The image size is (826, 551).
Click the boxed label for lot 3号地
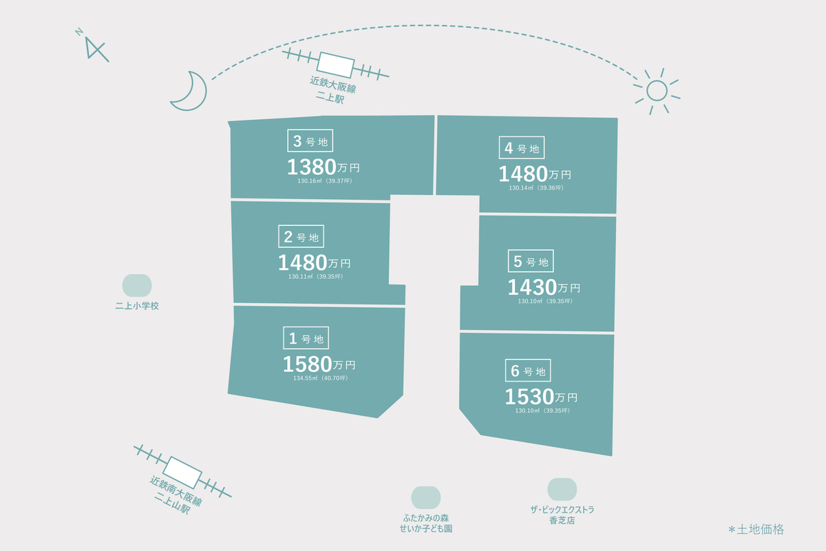pos(310,141)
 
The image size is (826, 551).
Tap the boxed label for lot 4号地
pos(522,147)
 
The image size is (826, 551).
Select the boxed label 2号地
pos(301,236)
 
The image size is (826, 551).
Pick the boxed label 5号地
pos(531,261)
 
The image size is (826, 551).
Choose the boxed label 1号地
pos(306,337)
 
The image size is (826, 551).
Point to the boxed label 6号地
pos(528,370)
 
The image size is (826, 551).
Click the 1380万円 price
pos(324,167)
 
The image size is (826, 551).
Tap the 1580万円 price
pos(319,364)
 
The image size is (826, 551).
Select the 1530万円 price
pos(541,397)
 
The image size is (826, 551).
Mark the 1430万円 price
pos(544,287)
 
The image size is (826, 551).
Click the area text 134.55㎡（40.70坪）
pos(321,378)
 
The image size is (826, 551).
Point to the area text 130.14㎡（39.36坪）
pos(536,188)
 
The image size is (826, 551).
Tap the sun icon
pos(657,91)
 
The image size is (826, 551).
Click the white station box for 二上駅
pos(336,65)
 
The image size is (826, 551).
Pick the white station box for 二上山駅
pos(182,472)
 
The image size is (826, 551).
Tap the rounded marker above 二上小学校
pos(137,285)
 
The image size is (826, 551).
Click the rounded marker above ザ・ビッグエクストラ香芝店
pos(562,490)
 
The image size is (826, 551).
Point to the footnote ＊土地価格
pos(756,530)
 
